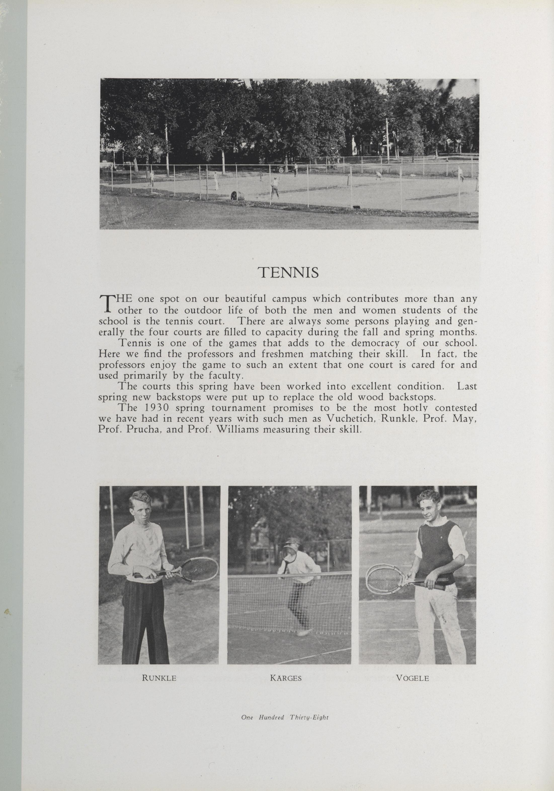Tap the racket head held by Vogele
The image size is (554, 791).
(x=379, y=579)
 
